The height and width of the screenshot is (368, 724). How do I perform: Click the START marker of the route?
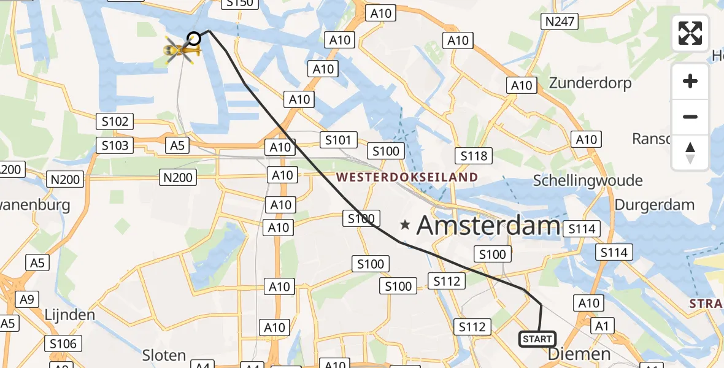(x=537, y=339)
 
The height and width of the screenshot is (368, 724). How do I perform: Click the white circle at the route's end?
(x=194, y=39)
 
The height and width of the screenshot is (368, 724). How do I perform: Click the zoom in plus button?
(x=690, y=82)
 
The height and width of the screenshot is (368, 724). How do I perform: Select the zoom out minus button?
(x=690, y=117)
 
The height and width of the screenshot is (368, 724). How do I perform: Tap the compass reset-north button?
(x=690, y=153)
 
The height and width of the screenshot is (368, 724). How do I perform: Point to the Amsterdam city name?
(x=488, y=226)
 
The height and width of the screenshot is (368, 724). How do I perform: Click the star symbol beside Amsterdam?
(x=405, y=226)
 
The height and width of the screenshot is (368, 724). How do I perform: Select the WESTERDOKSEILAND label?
(x=407, y=178)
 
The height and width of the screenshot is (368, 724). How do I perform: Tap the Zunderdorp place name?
(x=590, y=83)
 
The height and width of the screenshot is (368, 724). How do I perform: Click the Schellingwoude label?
(x=588, y=180)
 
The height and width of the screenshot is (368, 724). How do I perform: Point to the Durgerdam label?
(x=654, y=205)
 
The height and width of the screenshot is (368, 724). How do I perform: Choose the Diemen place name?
(x=579, y=354)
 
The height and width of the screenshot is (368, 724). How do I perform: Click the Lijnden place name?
(x=69, y=315)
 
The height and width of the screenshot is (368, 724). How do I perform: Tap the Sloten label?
(x=164, y=355)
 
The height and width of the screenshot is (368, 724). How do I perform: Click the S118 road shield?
(x=474, y=156)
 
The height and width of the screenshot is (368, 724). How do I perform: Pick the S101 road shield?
(x=338, y=140)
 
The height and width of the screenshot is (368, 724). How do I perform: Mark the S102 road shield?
(x=114, y=121)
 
